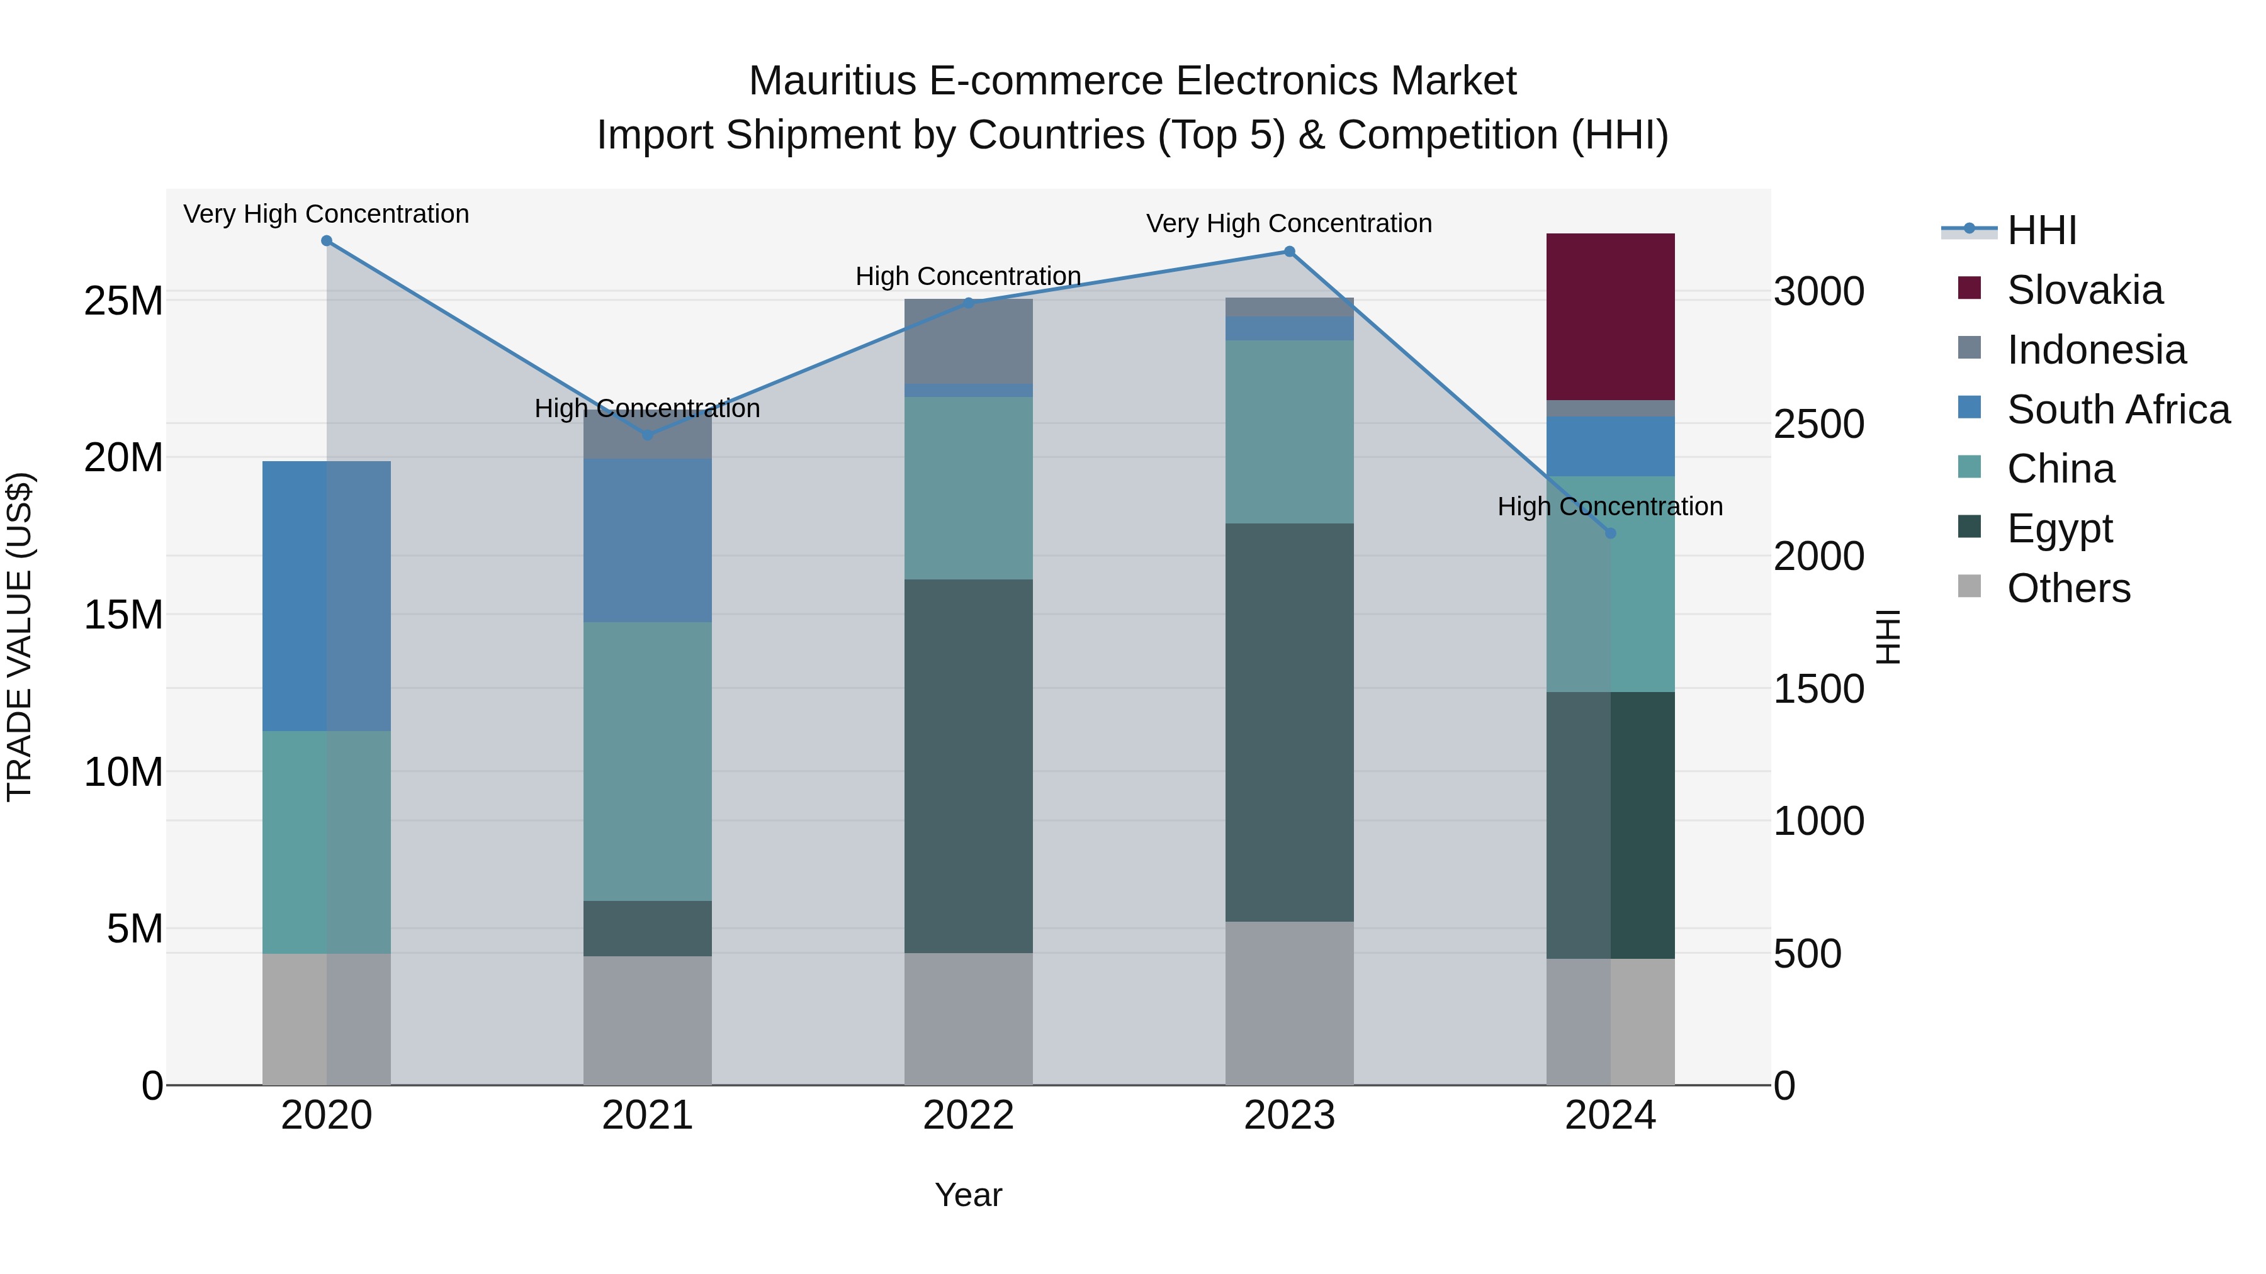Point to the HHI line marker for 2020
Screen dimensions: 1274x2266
(x=326, y=241)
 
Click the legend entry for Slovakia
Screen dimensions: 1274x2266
(x=2084, y=290)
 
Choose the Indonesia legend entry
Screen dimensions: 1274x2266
(x=2095, y=350)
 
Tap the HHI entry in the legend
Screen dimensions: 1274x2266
(x=2041, y=230)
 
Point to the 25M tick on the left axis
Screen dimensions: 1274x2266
(x=123, y=301)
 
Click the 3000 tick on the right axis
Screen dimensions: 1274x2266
(x=1818, y=291)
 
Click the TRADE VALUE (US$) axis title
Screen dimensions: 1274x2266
(x=20, y=637)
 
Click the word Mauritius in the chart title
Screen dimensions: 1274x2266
(x=832, y=81)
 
